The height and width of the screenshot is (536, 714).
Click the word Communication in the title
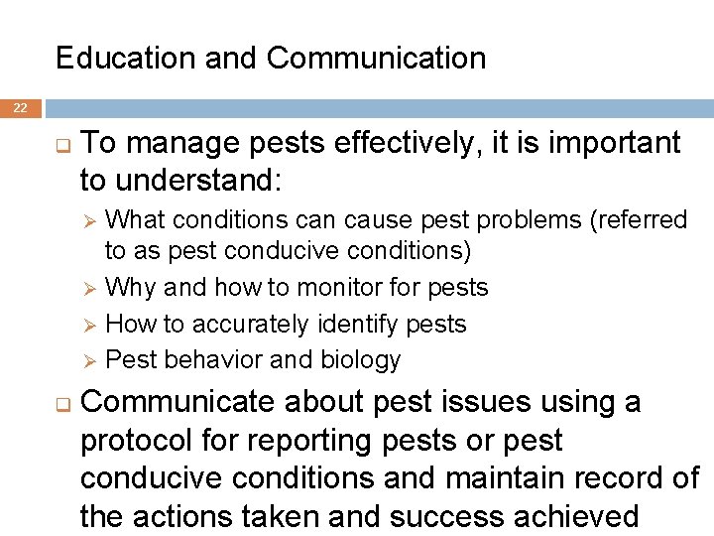pyautogui.click(x=376, y=59)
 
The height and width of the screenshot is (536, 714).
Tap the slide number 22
pyautogui.click(x=21, y=108)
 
